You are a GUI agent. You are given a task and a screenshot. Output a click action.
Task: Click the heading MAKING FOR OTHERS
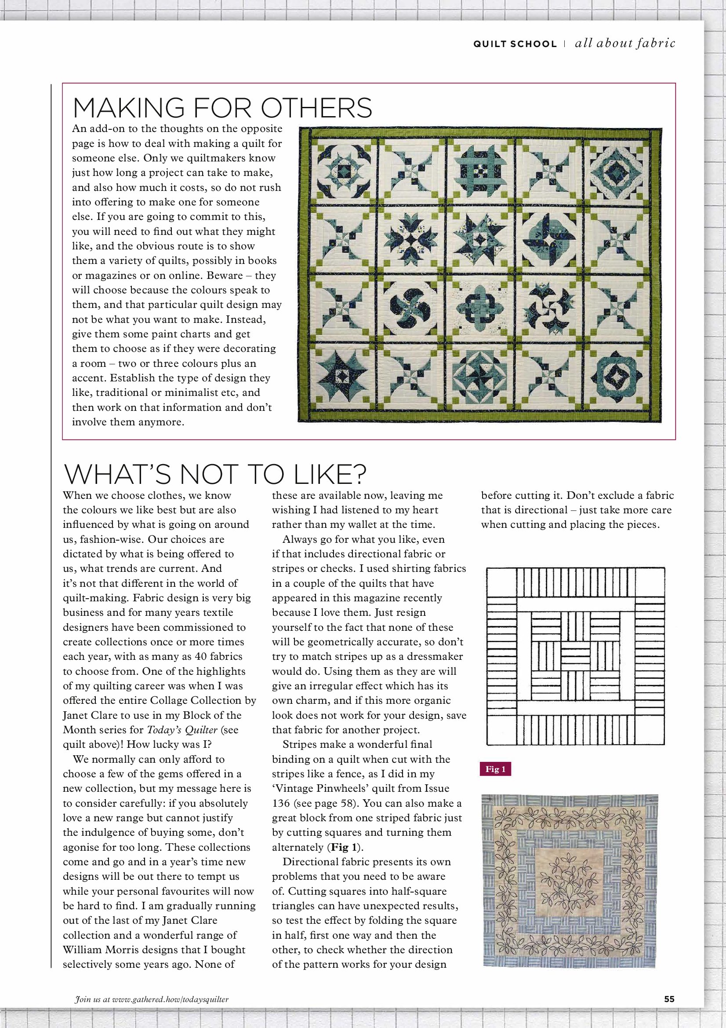(x=222, y=108)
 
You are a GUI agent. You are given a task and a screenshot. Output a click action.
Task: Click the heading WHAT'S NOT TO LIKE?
(x=215, y=475)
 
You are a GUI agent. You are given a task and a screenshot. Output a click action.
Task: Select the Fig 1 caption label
(x=495, y=769)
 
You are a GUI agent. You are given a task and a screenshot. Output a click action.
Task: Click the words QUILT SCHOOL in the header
(x=515, y=44)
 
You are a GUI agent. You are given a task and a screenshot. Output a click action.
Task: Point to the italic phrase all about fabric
(x=625, y=44)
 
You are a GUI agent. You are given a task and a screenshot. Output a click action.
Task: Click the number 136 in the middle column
(x=281, y=803)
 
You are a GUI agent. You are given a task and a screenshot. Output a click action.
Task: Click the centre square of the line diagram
(x=575, y=656)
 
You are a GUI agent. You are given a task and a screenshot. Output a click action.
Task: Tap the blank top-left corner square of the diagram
(x=501, y=582)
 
